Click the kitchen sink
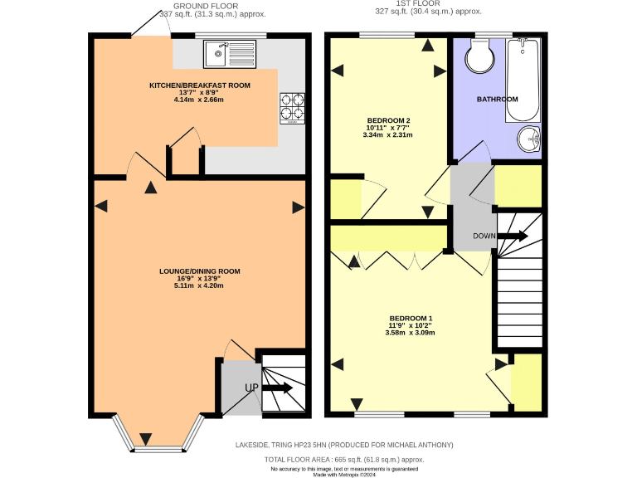coord(230,54)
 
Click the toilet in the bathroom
coord(479,56)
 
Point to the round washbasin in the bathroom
coord(527,139)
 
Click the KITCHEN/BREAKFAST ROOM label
coord(199,85)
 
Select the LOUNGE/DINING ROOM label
coord(199,271)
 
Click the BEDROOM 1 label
coord(411,319)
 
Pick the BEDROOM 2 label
coord(388,120)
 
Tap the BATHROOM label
coord(497,99)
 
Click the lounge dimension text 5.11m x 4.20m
coord(199,285)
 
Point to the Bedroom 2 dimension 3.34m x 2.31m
coord(388,134)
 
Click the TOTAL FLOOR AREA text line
coord(344,459)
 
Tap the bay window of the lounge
coord(158,435)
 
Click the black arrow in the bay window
coord(146,438)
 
